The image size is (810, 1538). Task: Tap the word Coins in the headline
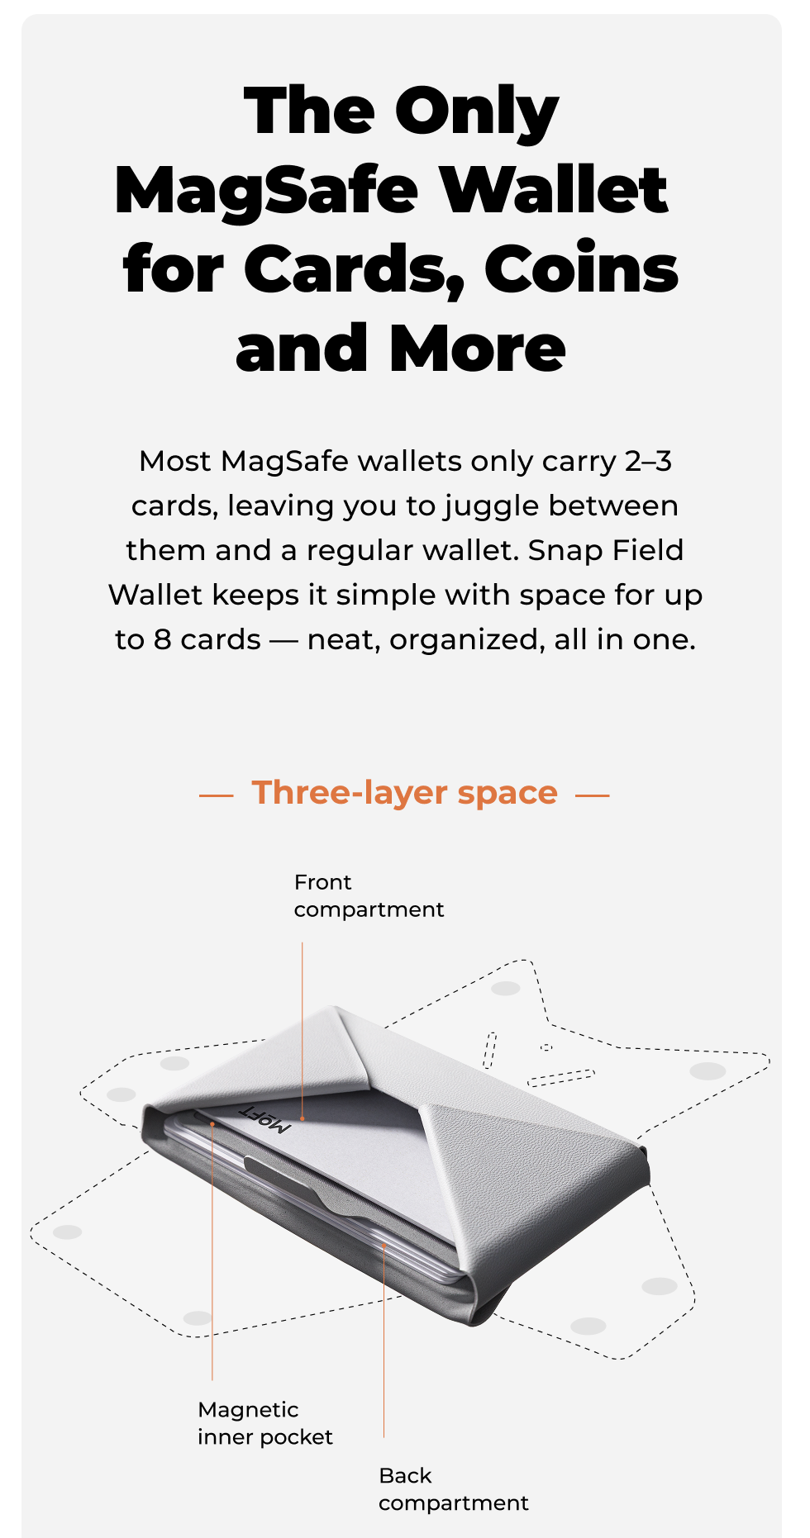click(x=581, y=268)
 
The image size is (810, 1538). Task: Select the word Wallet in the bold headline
click(x=553, y=190)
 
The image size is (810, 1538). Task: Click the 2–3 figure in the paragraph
click(x=648, y=461)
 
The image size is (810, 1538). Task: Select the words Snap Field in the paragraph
click(x=606, y=550)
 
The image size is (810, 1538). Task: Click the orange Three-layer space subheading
click(x=405, y=793)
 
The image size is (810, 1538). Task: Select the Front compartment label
click(x=369, y=896)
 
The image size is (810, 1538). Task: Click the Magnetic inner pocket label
click(x=264, y=1423)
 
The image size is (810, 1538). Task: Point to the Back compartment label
click(x=453, y=1489)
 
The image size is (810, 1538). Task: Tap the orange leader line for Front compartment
click(x=303, y=1031)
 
